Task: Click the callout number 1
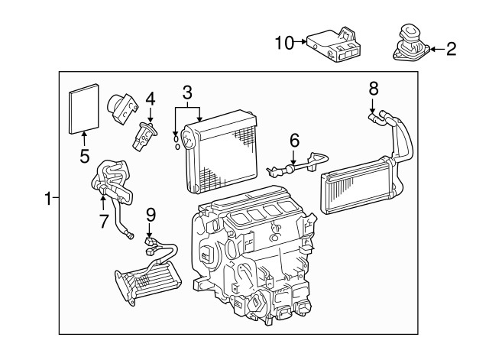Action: (47, 199)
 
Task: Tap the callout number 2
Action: (450, 50)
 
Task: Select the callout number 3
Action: (187, 93)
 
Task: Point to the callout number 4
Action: (151, 98)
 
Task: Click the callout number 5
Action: (84, 157)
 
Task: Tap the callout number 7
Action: (103, 221)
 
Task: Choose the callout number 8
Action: (374, 89)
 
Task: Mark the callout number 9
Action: (151, 215)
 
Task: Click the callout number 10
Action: (283, 44)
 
